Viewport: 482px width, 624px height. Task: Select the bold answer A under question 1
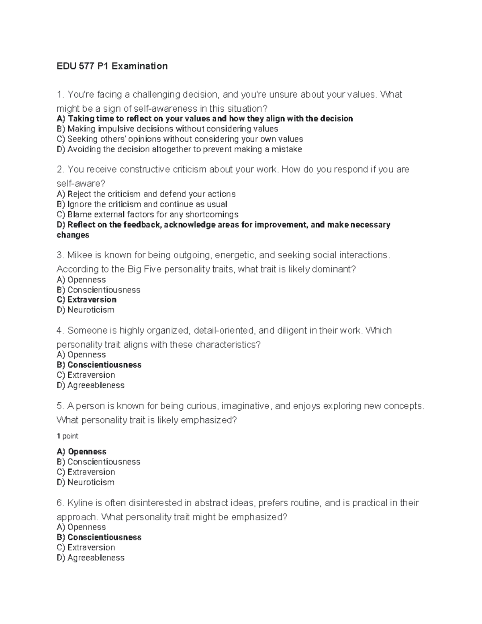(204, 119)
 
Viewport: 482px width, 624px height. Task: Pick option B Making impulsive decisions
(167, 129)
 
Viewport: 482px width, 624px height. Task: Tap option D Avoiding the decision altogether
(179, 149)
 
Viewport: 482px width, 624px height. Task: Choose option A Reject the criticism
(146, 194)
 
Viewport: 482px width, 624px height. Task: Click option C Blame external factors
(147, 215)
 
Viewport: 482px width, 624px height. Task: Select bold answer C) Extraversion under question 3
(87, 300)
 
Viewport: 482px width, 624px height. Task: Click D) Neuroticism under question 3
(86, 310)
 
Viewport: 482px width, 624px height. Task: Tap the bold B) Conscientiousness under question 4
(99, 365)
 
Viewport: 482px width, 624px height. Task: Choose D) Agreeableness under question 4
(91, 385)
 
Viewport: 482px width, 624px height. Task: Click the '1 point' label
(67, 436)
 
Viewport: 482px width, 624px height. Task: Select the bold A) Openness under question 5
(82, 452)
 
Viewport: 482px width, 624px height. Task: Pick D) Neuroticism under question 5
(86, 482)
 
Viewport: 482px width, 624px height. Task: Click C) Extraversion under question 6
(86, 547)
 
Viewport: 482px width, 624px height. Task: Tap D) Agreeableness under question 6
(91, 558)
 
